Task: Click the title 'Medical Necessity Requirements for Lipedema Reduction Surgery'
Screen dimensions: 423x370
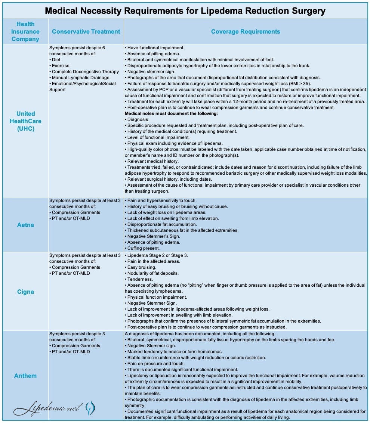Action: [185, 11]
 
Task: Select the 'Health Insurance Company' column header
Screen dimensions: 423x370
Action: [25, 31]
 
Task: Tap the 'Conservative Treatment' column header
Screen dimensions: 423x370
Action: [86, 31]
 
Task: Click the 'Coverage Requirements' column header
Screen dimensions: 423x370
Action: [245, 31]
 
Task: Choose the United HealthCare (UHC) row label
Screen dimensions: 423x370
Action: [25, 121]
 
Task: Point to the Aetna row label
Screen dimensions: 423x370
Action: [25, 225]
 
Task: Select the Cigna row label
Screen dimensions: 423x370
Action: [25, 292]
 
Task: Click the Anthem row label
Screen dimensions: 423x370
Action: [25, 376]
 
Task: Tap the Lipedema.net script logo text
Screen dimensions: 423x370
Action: [47, 408]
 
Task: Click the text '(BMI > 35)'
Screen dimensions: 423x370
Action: [305, 84]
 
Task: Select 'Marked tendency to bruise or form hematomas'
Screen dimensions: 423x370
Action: [175, 352]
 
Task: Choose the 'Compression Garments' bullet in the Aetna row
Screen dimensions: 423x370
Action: [76, 212]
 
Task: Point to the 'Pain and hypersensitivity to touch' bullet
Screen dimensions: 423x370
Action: [162, 200]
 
